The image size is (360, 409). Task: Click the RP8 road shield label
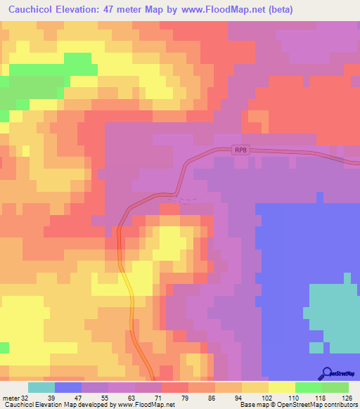pyautogui.click(x=241, y=150)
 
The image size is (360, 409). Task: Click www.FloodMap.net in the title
pyautogui.click(x=219, y=10)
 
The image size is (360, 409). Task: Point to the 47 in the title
pyautogui.click(x=113, y=10)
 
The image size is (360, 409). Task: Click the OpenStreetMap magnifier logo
pyautogui.click(x=326, y=374)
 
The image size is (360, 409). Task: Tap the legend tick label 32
pyautogui.click(x=25, y=398)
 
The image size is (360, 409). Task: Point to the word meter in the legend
pyautogui.click(x=10, y=398)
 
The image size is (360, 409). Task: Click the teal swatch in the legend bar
pyautogui.click(x=41, y=387)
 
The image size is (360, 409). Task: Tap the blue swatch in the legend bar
pyautogui.click(x=67, y=387)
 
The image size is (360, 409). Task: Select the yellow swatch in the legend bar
pyautogui.click(x=282, y=387)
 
